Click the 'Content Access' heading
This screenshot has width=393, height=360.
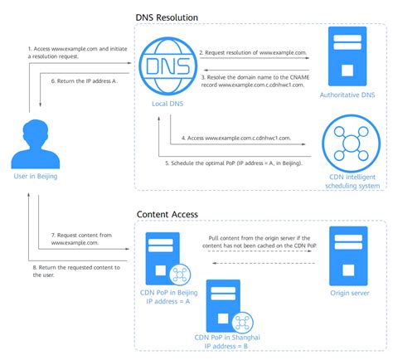[168, 215]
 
